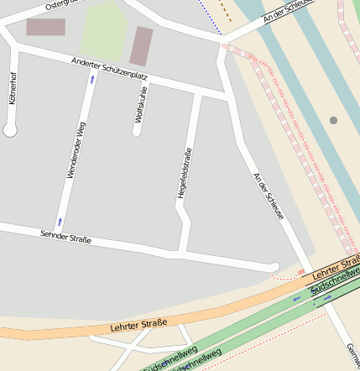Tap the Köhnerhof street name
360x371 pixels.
[12, 88]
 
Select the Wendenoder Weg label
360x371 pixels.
[76, 149]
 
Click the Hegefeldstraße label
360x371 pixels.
[182, 173]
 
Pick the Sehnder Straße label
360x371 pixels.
[65, 237]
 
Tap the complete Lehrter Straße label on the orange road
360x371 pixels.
[138, 323]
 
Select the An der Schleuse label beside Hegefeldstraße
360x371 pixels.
[269, 196]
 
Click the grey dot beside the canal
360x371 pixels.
[333, 120]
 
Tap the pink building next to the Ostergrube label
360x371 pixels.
[45, 27]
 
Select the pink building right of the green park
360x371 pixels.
[141, 46]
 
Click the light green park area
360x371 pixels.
[104, 30]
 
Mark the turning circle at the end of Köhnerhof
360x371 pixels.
[10, 130]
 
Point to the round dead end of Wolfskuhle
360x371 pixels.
[137, 130]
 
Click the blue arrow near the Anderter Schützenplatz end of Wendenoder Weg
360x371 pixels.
[91, 79]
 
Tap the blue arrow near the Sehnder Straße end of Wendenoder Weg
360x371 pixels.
[60, 221]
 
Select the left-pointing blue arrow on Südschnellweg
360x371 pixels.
[295, 298]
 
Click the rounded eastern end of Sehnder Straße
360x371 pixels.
[274, 267]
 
